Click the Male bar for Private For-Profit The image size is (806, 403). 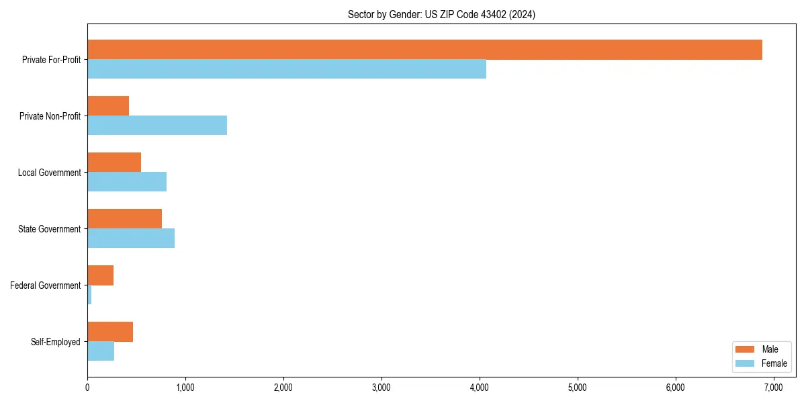pos(424,50)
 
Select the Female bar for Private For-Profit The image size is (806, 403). pos(287,69)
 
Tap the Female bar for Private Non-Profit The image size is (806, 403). pos(157,126)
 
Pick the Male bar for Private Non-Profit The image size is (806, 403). pos(108,106)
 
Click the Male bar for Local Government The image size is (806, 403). pos(114,163)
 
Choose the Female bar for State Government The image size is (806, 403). pos(131,238)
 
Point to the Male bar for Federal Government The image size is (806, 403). pos(101,275)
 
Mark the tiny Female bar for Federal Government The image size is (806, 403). pos(89,295)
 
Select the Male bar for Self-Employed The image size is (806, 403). pos(110,332)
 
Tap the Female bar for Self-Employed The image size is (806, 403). pos(101,351)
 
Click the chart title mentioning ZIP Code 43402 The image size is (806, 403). pos(441,14)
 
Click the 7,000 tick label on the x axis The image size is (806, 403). pos(773,388)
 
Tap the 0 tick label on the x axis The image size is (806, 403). pos(87,388)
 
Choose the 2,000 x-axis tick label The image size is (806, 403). pos(283,388)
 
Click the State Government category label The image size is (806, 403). pos(49,229)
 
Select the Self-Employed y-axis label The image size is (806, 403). pos(55,342)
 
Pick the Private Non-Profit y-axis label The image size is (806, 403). pos(50,116)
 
